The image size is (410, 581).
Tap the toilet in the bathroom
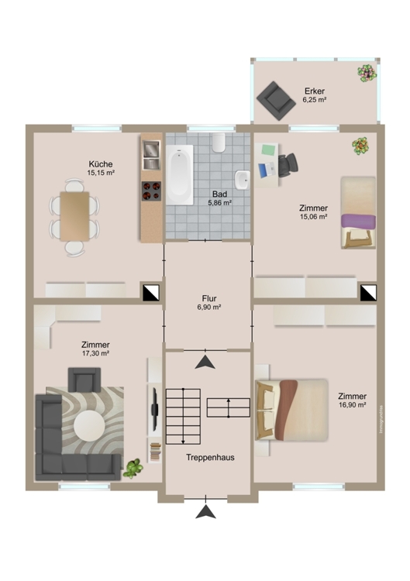coord(219,142)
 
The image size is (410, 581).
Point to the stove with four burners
coord(150,189)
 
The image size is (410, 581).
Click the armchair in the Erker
coord(273,98)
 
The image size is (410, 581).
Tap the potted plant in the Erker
coord(366,72)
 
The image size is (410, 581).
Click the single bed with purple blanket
coord(358,213)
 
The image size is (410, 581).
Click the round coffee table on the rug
coord(89,425)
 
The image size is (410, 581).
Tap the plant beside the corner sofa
coord(133,467)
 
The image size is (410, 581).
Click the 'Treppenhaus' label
coord(210,457)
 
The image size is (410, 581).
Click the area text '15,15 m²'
coord(101,174)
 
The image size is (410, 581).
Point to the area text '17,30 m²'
coord(95,354)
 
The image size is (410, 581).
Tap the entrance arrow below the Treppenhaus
coord(205,511)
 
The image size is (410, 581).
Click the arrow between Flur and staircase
coord(205,361)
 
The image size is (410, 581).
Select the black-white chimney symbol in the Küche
coord(149,291)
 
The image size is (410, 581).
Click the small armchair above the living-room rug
coord(84,379)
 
